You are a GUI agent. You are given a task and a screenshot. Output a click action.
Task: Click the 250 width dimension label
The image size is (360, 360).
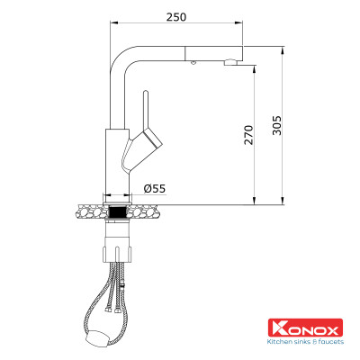(x=178, y=17)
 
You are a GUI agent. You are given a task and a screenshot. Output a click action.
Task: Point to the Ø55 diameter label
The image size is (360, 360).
(x=154, y=188)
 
